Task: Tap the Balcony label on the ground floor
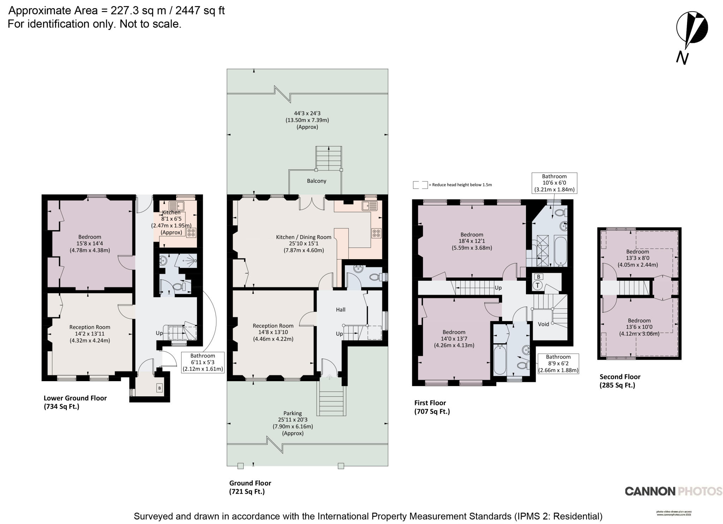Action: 316,181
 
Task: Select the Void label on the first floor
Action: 543,324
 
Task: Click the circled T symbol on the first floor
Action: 538,285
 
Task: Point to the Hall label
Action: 340,310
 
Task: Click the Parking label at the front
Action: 292,413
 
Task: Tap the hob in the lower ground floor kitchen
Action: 191,233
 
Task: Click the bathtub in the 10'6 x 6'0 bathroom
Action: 560,251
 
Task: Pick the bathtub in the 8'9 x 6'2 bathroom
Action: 500,360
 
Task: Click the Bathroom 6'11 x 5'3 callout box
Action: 203,362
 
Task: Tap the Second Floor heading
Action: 620,377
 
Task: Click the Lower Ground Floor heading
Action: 75,398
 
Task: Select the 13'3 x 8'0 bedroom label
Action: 637,258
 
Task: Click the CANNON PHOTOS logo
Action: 673,491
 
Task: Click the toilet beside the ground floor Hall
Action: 375,277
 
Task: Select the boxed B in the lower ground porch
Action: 160,388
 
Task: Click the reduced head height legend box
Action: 420,185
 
